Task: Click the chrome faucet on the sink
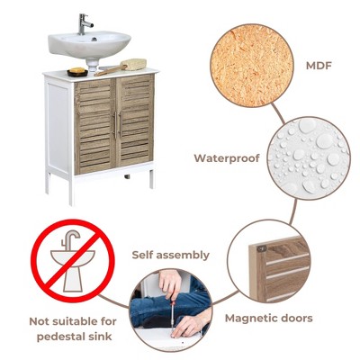[84, 24]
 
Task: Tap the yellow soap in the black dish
[77, 70]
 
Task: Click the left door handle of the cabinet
[115, 125]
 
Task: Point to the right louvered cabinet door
[136, 120]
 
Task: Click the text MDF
[319, 66]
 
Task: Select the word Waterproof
[227, 158]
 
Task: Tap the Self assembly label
[171, 255]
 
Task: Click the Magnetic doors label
[269, 318]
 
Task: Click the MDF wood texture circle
[251, 66]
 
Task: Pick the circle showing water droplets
[309, 158]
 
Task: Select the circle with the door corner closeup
[269, 262]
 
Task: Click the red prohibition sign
[72, 261]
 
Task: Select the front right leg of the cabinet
[151, 178]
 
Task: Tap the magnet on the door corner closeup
[262, 248]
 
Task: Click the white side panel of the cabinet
[58, 128]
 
